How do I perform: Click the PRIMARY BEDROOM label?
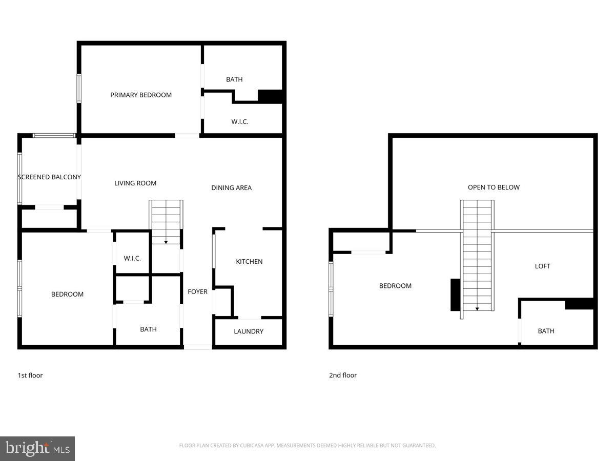click(141, 95)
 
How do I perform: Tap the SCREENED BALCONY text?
click(49, 177)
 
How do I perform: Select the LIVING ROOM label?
click(135, 183)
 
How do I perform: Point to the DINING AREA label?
click(231, 187)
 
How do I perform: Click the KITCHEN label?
click(249, 262)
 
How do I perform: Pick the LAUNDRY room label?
click(249, 331)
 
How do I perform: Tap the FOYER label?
click(198, 291)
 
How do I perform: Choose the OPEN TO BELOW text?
click(494, 187)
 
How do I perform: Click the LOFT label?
click(542, 266)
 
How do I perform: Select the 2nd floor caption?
click(342, 375)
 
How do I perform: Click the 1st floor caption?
click(30, 375)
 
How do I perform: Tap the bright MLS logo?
click(37, 448)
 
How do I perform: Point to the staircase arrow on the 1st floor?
click(166, 242)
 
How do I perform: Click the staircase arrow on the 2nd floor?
click(477, 309)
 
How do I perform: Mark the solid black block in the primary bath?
click(270, 96)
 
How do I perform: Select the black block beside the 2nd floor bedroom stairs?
click(455, 295)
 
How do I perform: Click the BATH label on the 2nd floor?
click(546, 331)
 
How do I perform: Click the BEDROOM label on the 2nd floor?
click(395, 286)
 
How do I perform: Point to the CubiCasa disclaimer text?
click(307, 446)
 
